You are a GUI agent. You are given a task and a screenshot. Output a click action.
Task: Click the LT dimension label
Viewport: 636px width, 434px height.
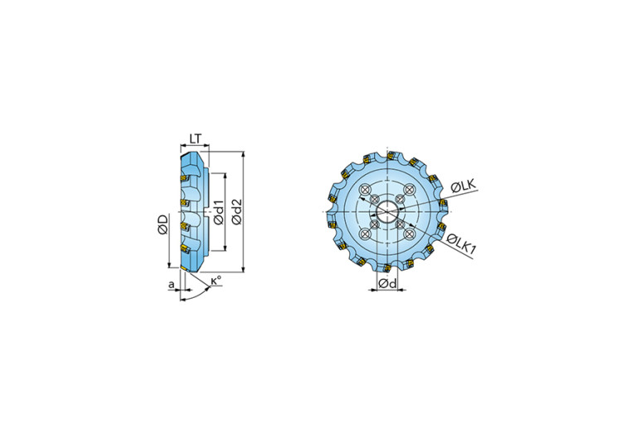pyautogui.click(x=195, y=139)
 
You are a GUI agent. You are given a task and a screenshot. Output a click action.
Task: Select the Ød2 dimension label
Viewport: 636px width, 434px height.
pyautogui.click(x=236, y=212)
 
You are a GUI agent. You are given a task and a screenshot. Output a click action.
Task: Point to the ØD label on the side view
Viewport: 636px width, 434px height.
pyautogui.click(x=163, y=225)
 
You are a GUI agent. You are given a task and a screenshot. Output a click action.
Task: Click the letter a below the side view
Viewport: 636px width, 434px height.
pyautogui.click(x=172, y=284)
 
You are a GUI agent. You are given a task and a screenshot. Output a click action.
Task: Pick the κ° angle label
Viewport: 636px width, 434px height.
pyautogui.click(x=216, y=280)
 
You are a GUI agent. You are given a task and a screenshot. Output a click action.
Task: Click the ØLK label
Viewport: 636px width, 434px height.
pyautogui.click(x=463, y=186)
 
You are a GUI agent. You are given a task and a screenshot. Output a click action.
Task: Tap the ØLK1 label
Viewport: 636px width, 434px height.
pyautogui.click(x=461, y=243)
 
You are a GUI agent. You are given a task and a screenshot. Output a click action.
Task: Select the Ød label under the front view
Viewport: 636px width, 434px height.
pyautogui.click(x=387, y=283)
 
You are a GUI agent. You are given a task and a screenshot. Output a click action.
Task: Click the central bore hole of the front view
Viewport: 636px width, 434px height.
pyautogui.click(x=387, y=212)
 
